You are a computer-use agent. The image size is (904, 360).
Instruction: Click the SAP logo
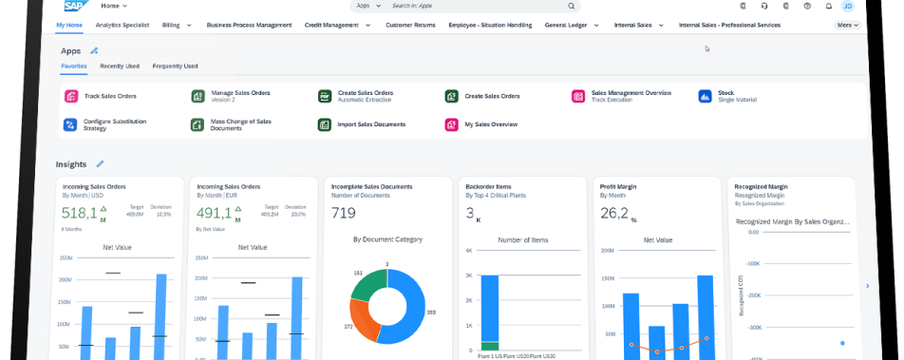tap(74, 6)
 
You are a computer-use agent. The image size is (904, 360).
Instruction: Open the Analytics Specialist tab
tap(122, 25)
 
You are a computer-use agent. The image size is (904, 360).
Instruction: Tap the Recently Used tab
tap(120, 66)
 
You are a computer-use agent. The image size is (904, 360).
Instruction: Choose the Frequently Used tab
tap(175, 66)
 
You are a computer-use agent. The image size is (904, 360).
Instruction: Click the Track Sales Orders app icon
tap(70, 96)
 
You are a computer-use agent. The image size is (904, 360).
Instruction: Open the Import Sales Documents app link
tap(371, 124)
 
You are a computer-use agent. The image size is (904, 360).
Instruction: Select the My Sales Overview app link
tap(490, 124)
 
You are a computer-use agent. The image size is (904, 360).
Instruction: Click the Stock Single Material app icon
tap(705, 96)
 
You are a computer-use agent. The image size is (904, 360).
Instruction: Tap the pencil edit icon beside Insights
tap(101, 164)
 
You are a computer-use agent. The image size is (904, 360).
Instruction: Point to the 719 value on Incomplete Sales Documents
tap(344, 213)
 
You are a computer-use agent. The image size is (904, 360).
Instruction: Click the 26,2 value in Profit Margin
tap(614, 213)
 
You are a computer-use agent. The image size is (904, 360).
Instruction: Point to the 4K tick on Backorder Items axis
tap(468, 251)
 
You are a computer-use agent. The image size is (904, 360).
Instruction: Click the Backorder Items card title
tap(489, 187)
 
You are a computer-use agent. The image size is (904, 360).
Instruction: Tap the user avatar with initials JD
tap(848, 6)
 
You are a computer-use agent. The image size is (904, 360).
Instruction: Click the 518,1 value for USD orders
tap(79, 213)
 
